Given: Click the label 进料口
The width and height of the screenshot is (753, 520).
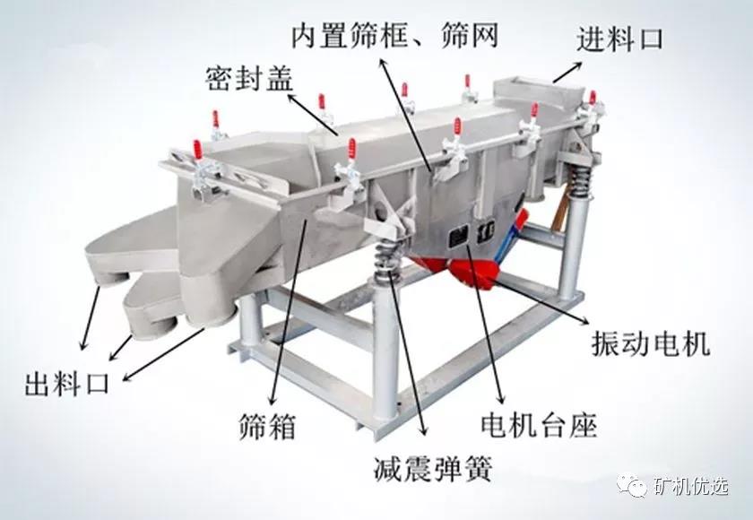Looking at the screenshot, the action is pyautogui.click(x=619, y=39).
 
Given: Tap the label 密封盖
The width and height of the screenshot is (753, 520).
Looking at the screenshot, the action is pyautogui.click(x=249, y=79).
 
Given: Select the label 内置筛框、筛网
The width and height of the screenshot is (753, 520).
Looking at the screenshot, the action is pyautogui.click(x=394, y=35).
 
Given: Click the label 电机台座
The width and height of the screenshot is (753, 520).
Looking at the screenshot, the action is pyautogui.click(x=539, y=424).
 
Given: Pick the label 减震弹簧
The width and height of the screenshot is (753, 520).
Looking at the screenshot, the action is pyautogui.click(x=433, y=469).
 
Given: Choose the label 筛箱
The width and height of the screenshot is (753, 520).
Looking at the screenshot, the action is pyautogui.click(x=267, y=426).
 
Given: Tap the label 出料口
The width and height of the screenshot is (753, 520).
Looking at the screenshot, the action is pyautogui.click(x=66, y=383).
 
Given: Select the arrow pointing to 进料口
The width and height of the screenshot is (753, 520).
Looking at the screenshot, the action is pyautogui.click(x=567, y=72).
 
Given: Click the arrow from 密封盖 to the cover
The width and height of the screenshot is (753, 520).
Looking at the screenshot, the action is pyautogui.click(x=312, y=114).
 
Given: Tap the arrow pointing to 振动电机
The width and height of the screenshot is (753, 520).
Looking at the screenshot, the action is pyautogui.click(x=541, y=300).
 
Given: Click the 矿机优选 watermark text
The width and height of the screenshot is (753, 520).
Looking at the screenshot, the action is pyautogui.click(x=691, y=487).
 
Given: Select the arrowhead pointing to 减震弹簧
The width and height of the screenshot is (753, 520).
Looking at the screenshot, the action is pyautogui.click(x=422, y=429).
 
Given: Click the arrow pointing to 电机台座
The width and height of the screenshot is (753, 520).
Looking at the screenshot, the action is pyautogui.click(x=484, y=324).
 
